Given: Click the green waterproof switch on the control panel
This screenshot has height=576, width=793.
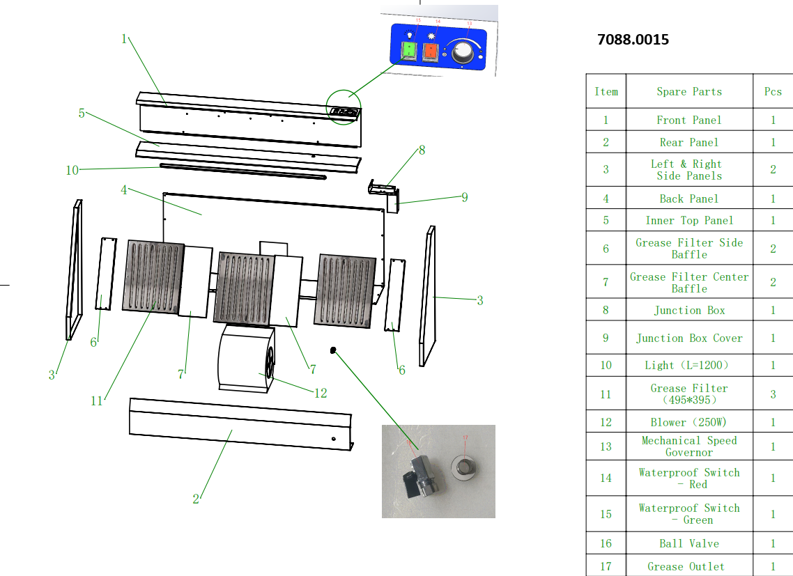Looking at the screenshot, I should coord(408,51).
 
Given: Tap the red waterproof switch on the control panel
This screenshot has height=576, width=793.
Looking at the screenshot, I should coord(431,52).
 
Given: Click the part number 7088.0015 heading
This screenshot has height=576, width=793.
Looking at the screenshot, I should coord(633,40).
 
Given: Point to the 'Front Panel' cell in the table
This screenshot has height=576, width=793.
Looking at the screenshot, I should coord(689,120).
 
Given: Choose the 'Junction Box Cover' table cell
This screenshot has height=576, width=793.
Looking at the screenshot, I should coord(689,338).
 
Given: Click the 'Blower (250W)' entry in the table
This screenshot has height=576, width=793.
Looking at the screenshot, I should coord(689,422).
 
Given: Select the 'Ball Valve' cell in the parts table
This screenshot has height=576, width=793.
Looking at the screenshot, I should coord(689,543).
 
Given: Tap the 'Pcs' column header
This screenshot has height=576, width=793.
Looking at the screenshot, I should coord(773,92).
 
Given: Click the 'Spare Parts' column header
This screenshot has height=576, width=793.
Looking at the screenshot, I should coord(689,92).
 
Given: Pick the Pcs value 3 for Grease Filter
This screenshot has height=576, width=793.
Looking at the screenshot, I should coord(773,394).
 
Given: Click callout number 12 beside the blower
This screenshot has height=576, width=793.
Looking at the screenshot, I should coord(321,394).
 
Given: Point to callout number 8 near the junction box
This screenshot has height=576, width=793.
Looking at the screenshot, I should coord(421,150).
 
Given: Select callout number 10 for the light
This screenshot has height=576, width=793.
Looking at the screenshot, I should coord(72,170).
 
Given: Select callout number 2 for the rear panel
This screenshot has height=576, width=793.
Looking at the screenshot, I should coord(196,499).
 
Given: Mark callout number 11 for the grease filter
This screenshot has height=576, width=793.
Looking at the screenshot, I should coord(96,400).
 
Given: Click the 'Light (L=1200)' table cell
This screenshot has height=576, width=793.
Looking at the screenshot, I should coord(689,365).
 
